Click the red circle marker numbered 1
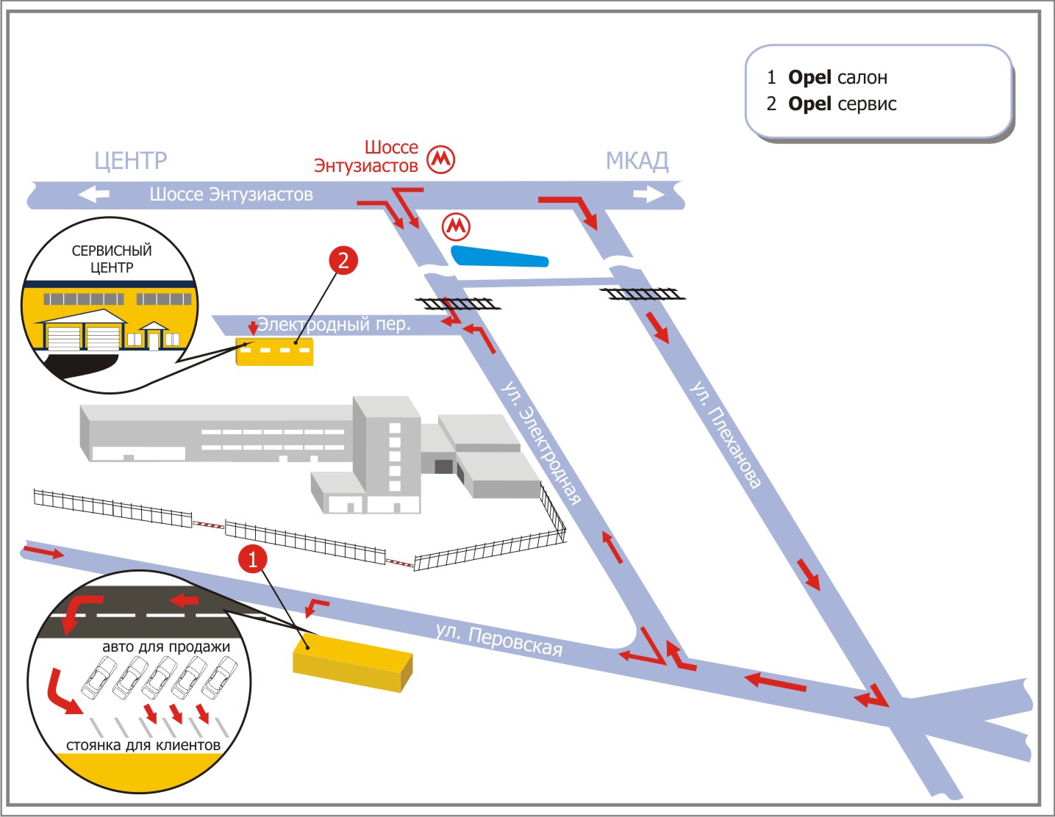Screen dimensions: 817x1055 (252, 559)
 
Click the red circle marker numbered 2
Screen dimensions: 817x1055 (343, 260)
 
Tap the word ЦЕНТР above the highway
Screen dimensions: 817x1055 (131, 160)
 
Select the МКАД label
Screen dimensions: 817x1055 (637, 160)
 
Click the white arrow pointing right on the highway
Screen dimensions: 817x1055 (648, 194)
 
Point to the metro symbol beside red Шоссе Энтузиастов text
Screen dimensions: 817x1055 (441, 159)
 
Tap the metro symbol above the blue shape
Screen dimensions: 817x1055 (456, 226)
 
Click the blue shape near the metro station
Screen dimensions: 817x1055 (500, 256)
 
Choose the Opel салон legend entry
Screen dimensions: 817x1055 (837, 77)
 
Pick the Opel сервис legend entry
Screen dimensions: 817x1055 (841, 104)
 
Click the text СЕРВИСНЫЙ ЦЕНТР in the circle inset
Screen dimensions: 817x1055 (112, 259)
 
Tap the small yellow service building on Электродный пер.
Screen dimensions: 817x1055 (274, 352)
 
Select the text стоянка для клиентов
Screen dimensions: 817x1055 (143, 745)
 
